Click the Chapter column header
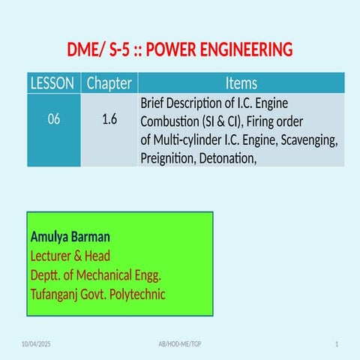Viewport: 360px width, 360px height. (x=109, y=83)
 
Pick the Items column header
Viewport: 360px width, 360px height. (x=241, y=83)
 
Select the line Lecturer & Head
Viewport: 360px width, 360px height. (x=70, y=256)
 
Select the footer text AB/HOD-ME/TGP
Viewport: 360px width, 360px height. (x=180, y=343)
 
